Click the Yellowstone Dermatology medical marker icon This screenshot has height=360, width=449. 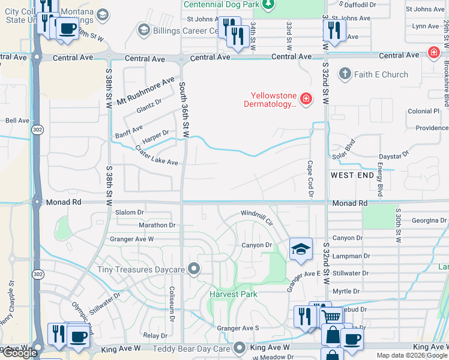pos(306,98)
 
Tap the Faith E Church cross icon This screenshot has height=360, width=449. pos(345,74)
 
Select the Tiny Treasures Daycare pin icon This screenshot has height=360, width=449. pos(193,269)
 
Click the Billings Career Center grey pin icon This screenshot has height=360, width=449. pos(143,29)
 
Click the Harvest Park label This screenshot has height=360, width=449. pos(234,294)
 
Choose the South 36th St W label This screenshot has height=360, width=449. pos(183,110)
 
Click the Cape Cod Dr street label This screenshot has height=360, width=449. pos(311,178)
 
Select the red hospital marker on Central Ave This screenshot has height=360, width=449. pos(433,53)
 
